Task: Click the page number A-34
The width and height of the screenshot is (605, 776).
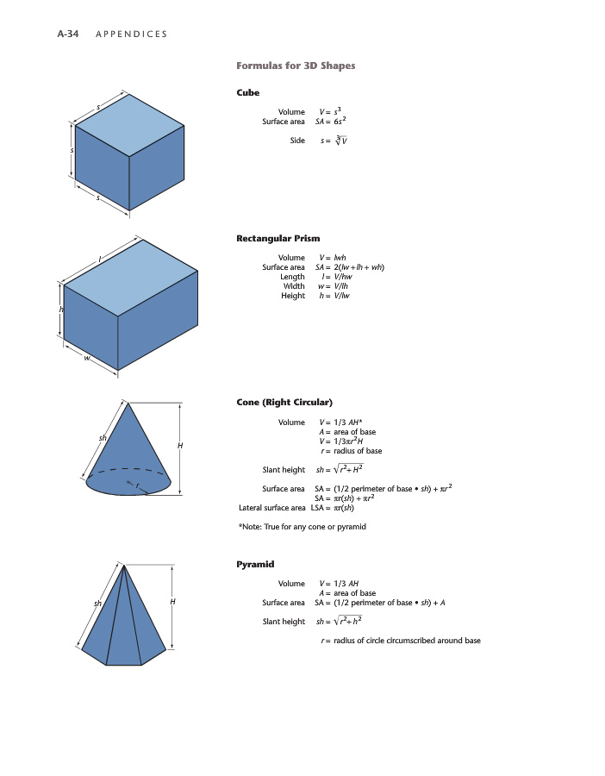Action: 69,34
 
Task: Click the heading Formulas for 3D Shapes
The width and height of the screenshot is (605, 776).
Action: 296,66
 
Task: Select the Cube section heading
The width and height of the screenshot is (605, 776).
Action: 247,92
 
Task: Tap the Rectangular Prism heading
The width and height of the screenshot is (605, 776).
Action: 278,238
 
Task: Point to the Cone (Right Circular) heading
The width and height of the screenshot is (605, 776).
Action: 284,403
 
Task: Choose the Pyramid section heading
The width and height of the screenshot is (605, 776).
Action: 255,564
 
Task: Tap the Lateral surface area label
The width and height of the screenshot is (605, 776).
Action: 271,508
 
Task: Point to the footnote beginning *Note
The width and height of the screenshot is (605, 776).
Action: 302,527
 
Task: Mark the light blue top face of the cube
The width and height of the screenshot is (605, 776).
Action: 129,125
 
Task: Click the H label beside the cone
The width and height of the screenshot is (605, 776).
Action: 180,445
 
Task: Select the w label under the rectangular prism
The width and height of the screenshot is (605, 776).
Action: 87,360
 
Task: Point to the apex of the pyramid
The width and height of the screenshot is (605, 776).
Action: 124,566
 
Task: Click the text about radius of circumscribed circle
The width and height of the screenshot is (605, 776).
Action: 400,641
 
